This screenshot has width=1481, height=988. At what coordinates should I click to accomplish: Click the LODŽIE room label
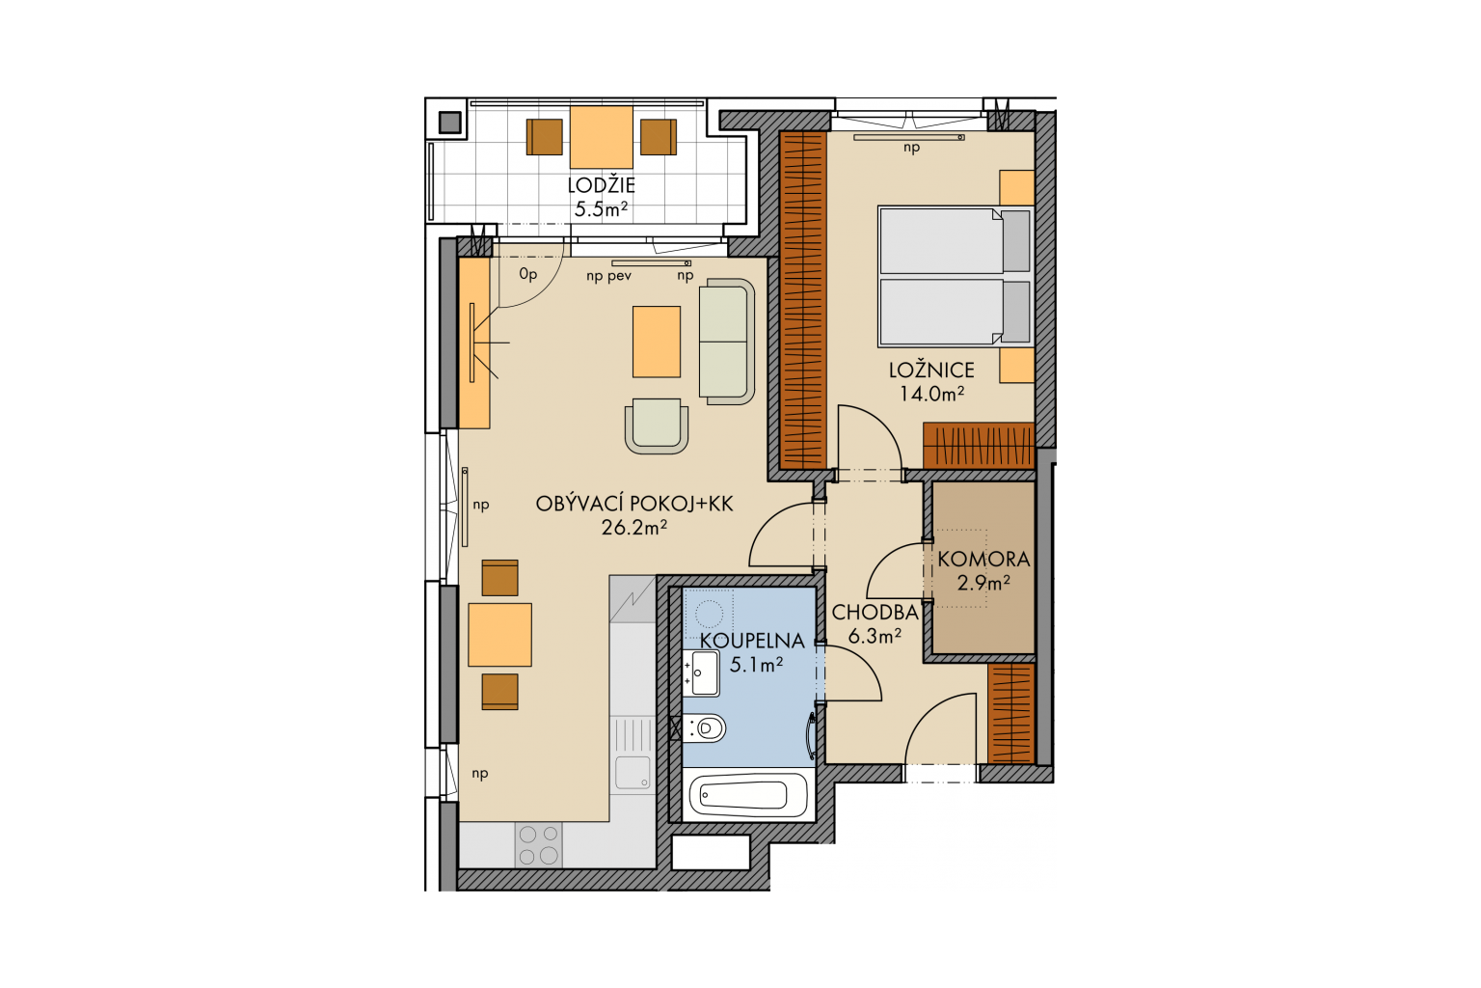pos(601,185)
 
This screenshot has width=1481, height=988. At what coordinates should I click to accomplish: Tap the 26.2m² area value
pos(634,528)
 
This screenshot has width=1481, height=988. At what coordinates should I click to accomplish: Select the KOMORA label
pos(983,560)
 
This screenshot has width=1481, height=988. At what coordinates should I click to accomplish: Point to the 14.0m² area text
pos(931,394)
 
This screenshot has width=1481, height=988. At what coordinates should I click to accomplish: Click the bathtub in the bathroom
pos(748,795)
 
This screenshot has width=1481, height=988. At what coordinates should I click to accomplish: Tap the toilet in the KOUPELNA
pos(705,728)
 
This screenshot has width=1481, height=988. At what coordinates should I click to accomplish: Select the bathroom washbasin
pos(701,672)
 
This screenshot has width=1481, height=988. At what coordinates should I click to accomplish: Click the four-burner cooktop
pos(538,844)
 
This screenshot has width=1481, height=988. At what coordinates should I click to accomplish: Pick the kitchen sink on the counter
pos(633,773)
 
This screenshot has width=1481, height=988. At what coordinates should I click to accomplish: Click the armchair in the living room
pos(657,425)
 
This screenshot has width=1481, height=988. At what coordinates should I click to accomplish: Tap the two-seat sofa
pos(727,342)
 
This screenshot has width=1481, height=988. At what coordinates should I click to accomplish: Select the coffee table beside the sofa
pos(657,342)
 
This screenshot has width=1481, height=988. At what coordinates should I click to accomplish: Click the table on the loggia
pos(601,137)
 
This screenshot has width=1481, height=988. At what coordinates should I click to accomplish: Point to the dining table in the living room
pos(499,635)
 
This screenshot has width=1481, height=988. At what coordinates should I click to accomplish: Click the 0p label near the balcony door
pos(527,274)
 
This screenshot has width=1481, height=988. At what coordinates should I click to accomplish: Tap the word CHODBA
pos(875,613)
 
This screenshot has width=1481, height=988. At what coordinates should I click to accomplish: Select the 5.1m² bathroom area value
pos(756,664)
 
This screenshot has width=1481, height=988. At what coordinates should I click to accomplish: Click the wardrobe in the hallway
pos(1010,713)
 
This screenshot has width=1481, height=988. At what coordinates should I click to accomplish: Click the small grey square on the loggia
pos(450,122)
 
